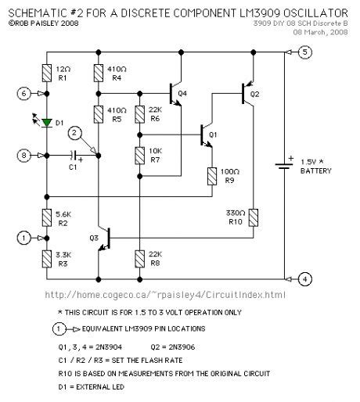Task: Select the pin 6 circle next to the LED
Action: (25, 95)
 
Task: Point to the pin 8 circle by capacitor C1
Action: (25, 156)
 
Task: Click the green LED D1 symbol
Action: (48, 122)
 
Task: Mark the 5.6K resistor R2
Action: (48, 217)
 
